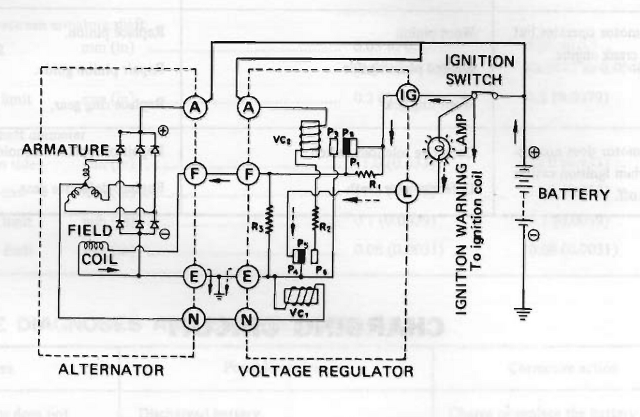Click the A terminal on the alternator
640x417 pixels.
[x=194, y=108]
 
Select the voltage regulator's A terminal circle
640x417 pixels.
[x=248, y=108]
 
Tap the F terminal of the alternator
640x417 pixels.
[x=194, y=173]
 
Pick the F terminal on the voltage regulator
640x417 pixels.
[x=248, y=173]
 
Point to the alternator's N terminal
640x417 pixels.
[x=194, y=316]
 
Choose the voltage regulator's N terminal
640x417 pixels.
[x=248, y=316]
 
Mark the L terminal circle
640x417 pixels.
[x=407, y=190]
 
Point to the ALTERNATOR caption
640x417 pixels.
[x=111, y=370]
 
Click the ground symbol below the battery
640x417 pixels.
[x=524, y=313]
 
